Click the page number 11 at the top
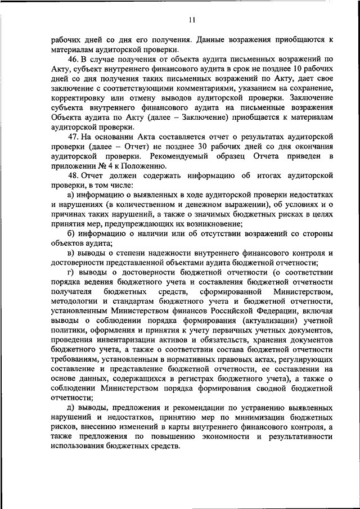[191, 20]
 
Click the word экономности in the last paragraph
[228, 437]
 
